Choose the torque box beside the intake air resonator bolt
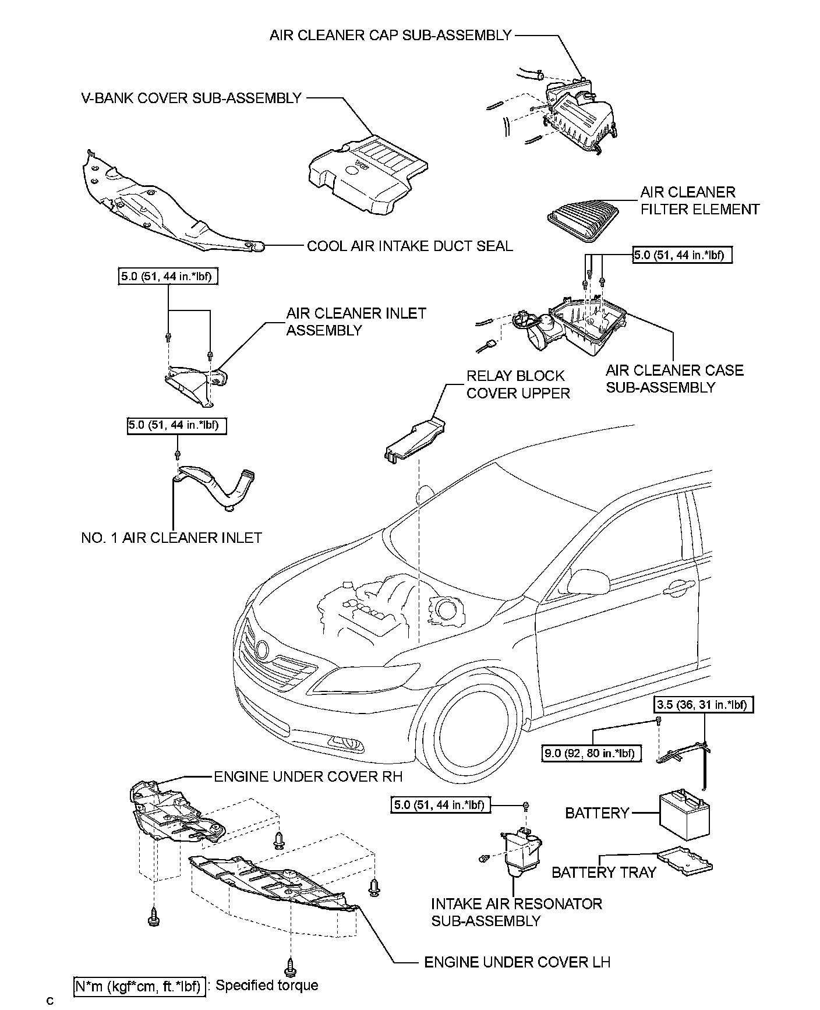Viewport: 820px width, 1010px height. tap(439, 805)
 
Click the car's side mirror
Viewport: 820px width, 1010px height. tap(589, 581)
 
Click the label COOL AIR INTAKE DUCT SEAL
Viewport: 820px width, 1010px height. tap(409, 246)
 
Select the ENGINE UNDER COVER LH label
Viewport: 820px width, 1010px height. tap(517, 962)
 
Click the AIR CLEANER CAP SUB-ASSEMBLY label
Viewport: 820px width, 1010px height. tap(390, 36)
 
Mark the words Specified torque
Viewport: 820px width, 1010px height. tap(267, 986)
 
